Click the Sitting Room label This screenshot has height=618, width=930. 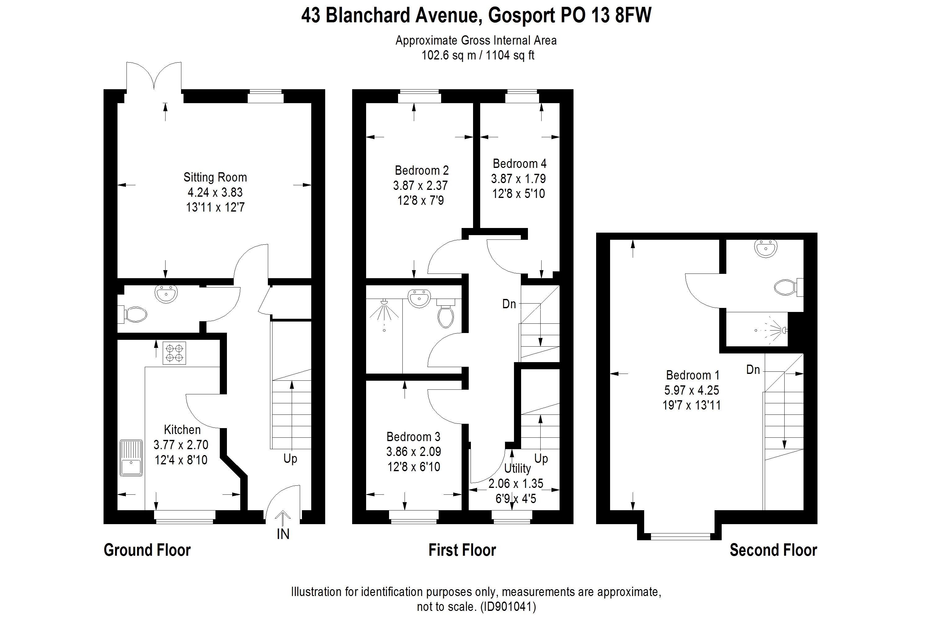point(215,178)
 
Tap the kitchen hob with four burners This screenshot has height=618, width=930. point(174,353)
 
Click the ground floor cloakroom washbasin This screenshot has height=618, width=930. point(166,294)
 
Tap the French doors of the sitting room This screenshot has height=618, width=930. point(154,77)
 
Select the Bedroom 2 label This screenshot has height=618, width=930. point(422,171)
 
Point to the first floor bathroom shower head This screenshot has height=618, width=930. point(384,303)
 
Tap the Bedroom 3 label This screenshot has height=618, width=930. point(413,437)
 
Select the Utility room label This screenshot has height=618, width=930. point(517,468)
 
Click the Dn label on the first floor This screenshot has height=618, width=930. point(509,304)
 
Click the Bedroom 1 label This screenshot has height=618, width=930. point(693,375)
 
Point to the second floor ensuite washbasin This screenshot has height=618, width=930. point(765,248)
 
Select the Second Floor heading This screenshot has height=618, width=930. point(773,550)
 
